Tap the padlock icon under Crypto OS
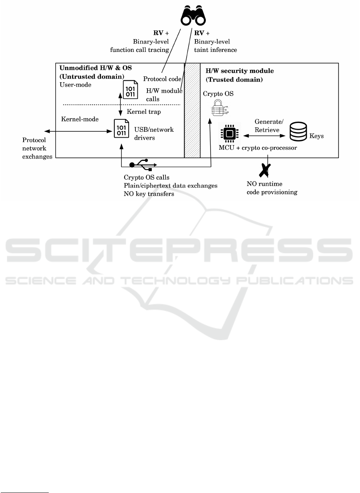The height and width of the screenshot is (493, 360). click(220, 108)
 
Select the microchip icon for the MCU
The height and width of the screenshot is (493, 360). click(230, 134)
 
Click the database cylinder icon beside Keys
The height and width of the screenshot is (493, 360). click(298, 131)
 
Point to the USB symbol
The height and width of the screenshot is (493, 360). click(143, 164)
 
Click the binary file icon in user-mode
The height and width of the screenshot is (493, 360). click(130, 89)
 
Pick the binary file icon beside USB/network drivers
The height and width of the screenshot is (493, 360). click(121, 129)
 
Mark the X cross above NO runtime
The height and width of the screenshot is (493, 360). click(265, 170)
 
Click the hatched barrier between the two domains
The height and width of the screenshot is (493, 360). click(192, 111)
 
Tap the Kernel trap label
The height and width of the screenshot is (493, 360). click(144, 112)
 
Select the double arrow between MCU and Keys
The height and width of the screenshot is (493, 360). click(264, 136)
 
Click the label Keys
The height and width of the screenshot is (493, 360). click(316, 136)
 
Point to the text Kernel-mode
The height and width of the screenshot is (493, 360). click(80, 119)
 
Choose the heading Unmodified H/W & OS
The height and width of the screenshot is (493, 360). click(95, 68)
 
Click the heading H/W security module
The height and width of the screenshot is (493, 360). click(240, 71)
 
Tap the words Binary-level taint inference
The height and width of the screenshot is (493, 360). click(215, 46)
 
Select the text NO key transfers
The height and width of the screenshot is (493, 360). click(149, 194)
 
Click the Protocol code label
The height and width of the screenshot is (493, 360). click(162, 79)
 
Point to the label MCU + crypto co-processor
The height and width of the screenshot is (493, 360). click(258, 148)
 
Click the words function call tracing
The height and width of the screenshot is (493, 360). click(139, 50)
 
